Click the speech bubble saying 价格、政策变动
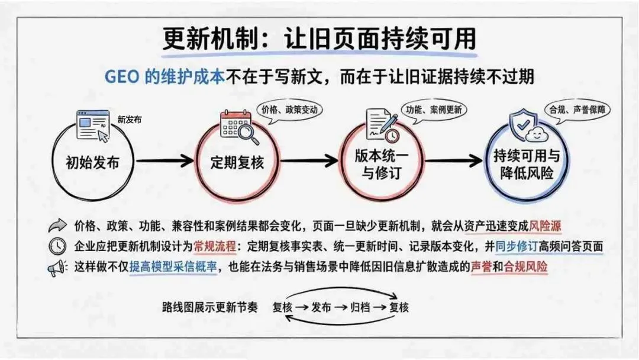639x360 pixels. point(289,110)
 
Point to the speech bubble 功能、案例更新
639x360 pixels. point(433,110)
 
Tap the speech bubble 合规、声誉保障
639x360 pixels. point(577,110)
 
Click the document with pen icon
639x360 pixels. point(382,124)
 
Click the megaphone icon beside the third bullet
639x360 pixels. point(57,268)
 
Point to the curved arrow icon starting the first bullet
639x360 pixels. point(58,226)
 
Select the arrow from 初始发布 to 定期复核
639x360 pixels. point(166,160)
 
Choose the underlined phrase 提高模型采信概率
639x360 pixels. point(173,267)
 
